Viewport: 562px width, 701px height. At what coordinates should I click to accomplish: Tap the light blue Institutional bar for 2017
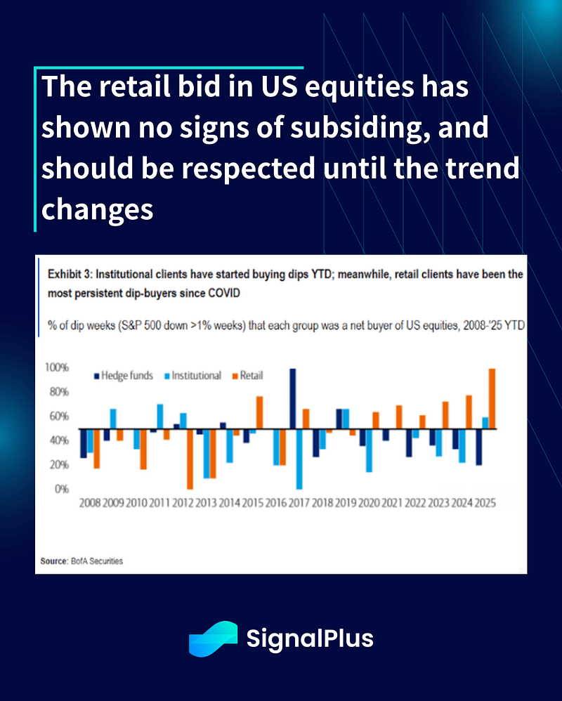300,459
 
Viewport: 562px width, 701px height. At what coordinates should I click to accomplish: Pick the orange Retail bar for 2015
259,413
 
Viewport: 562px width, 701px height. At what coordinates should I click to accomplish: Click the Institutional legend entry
190,376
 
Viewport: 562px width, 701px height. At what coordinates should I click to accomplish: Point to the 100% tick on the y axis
57,368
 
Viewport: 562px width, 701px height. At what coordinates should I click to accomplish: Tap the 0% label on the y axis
62,489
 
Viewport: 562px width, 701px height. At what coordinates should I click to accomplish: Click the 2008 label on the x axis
91,504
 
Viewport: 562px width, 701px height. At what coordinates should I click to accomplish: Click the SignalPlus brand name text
310,639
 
